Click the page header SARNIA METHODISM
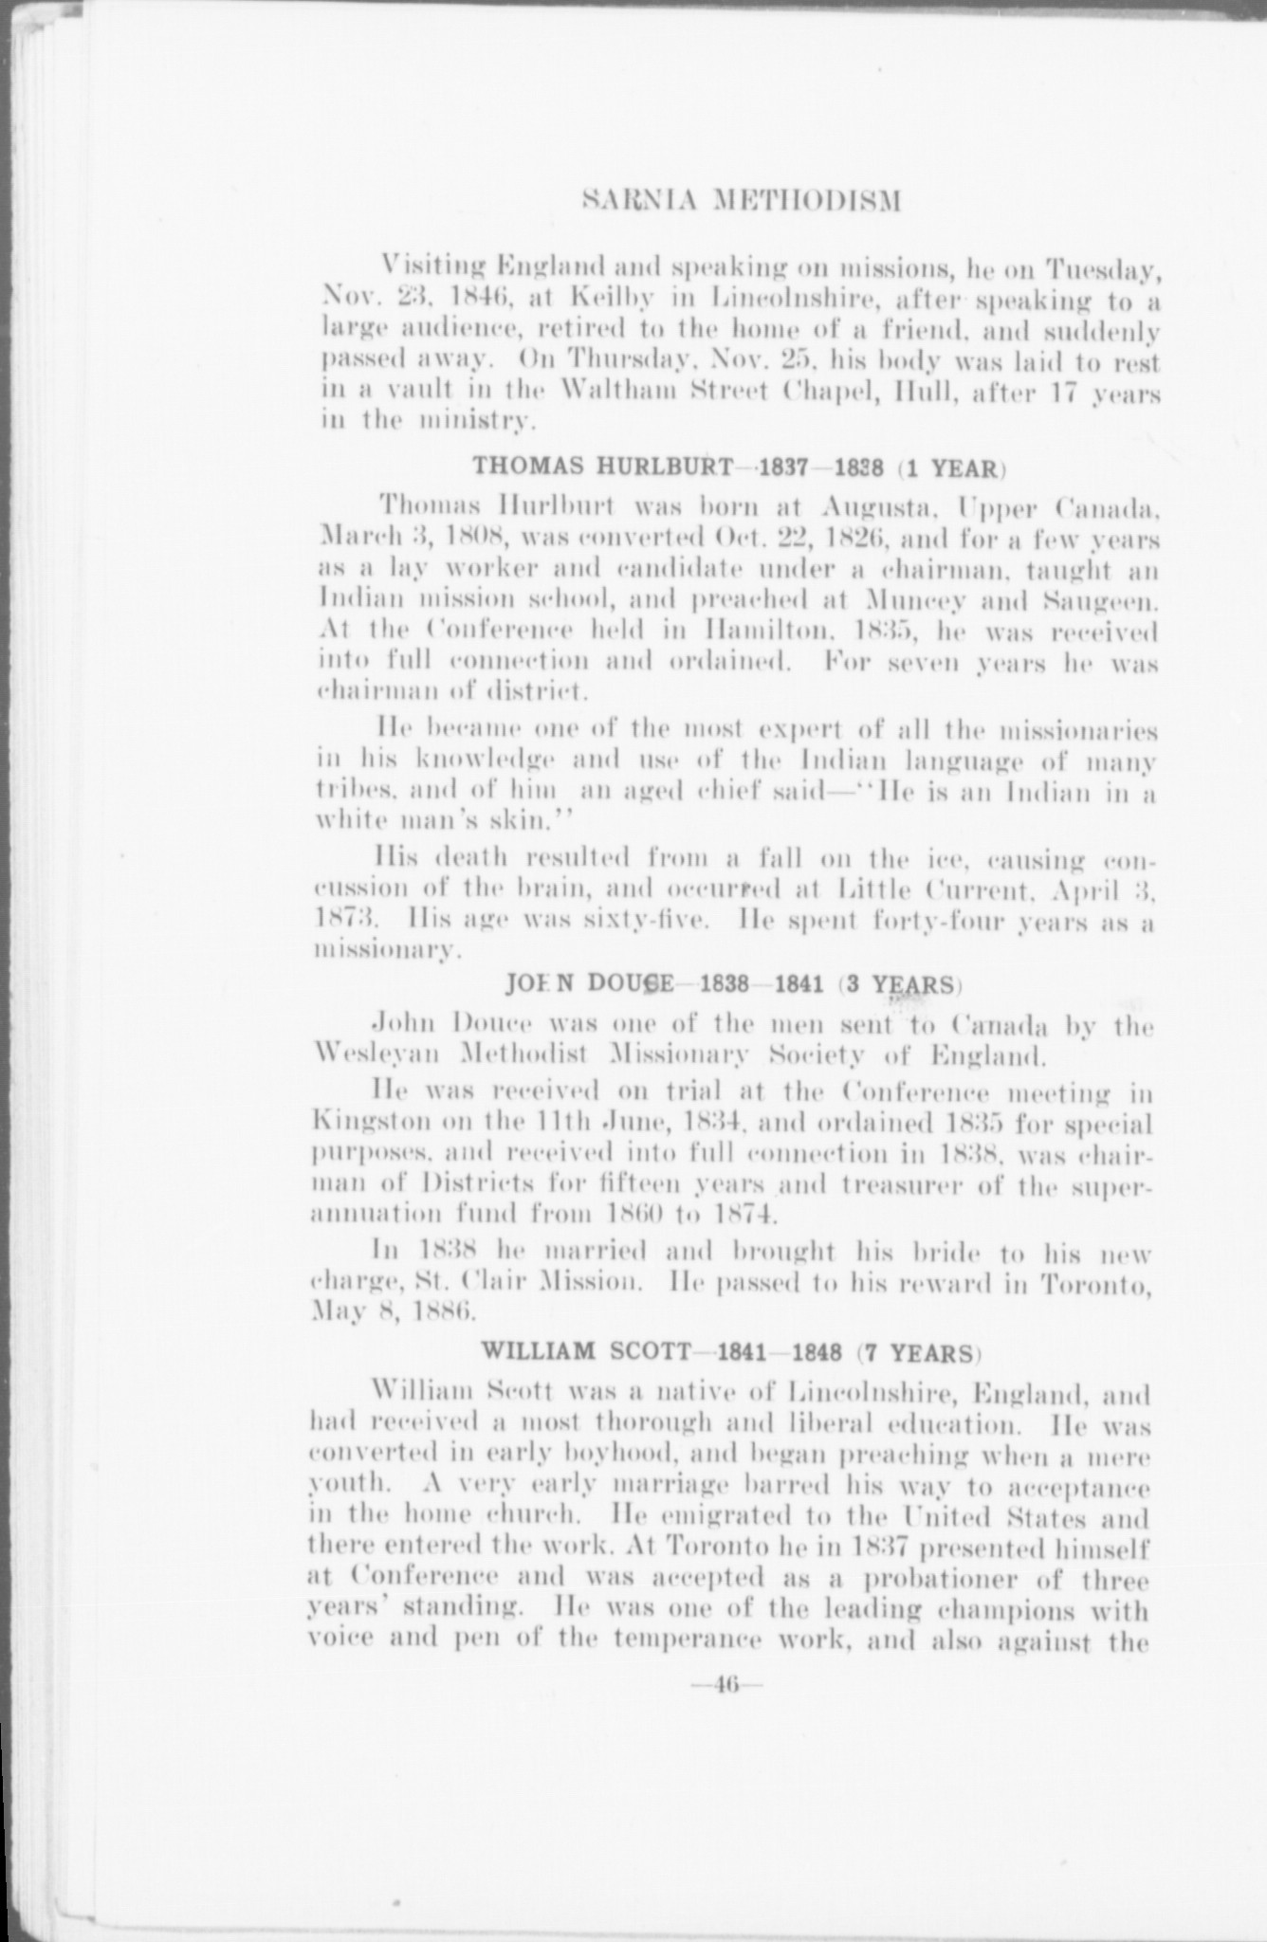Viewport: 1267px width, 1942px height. coord(737,202)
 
